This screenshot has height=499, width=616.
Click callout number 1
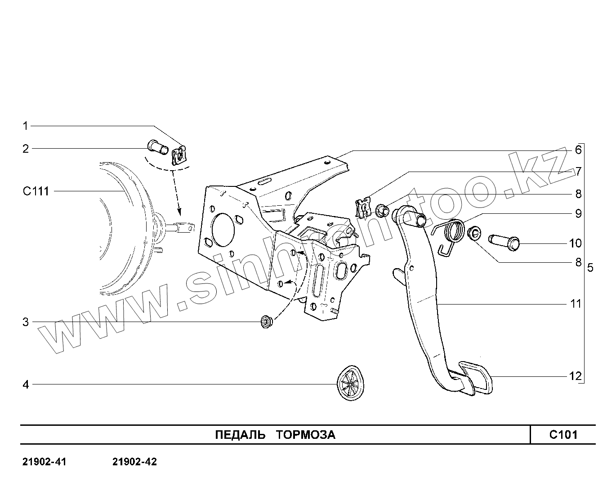[x=26, y=126]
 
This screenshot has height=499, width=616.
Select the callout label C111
[x=36, y=191]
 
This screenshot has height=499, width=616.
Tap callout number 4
[x=26, y=384]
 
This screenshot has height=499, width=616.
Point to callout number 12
[x=576, y=376]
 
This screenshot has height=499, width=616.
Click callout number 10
[x=576, y=243]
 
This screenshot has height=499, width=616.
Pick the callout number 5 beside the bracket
[x=590, y=268]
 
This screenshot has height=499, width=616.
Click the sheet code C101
[x=563, y=435]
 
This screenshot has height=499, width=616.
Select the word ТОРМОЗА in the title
[x=305, y=435]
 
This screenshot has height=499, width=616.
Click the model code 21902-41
[x=44, y=462]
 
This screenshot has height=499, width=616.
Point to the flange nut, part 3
[x=267, y=322]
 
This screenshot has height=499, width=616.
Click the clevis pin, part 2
[x=157, y=146]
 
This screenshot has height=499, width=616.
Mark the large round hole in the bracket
[x=221, y=230]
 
